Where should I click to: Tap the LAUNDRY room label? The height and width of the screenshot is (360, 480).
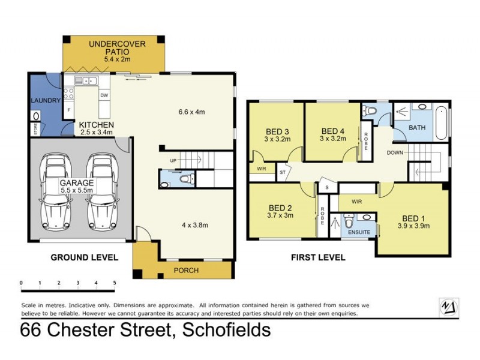click(x=46, y=100)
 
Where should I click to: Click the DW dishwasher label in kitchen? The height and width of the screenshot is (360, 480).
click(x=104, y=95)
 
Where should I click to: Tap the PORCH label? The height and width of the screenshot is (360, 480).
click(x=185, y=270)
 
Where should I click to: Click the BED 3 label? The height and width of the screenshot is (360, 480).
click(x=278, y=132)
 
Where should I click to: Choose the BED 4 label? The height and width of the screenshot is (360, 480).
click(x=334, y=131)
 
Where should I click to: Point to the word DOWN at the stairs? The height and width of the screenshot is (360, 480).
click(x=395, y=152)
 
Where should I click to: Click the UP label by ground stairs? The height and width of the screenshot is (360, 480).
click(x=173, y=161)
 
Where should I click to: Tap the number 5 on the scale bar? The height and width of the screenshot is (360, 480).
click(x=114, y=283)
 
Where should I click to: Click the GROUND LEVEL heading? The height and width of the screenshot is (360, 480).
click(x=84, y=257)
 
